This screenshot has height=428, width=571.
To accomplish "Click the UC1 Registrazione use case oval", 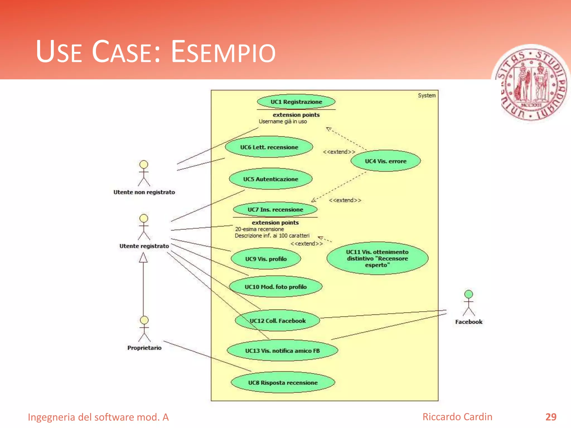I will [x=296, y=102].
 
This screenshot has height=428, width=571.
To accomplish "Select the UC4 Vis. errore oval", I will [x=386, y=161].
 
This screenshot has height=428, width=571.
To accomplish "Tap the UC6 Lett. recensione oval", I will [x=269, y=147].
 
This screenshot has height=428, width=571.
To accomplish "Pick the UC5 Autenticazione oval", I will [x=270, y=179].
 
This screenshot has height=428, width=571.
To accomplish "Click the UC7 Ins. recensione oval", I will [x=275, y=210].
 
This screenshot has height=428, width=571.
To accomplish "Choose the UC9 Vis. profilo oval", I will [x=266, y=259].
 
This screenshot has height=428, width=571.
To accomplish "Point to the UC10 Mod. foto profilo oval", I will [x=275, y=287].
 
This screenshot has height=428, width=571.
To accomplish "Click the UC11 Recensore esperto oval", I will [x=377, y=258].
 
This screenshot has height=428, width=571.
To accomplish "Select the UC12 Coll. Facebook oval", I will [x=278, y=321].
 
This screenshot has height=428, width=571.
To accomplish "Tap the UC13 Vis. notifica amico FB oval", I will [x=282, y=351].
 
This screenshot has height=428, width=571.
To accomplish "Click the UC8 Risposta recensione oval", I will [x=283, y=383].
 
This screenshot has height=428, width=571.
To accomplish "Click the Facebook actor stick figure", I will [x=469, y=303].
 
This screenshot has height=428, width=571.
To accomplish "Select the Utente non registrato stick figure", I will [x=144, y=173].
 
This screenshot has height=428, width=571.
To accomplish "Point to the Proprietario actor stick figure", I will [x=144, y=329].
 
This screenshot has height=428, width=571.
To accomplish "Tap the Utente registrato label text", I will [x=144, y=246].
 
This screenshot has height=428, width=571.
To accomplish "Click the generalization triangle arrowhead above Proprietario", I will [x=143, y=258].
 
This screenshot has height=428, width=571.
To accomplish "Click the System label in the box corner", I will [x=427, y=96].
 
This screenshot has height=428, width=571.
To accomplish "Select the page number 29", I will [x=551, y=417].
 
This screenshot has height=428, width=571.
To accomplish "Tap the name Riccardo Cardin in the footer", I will [x=457, y=417].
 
